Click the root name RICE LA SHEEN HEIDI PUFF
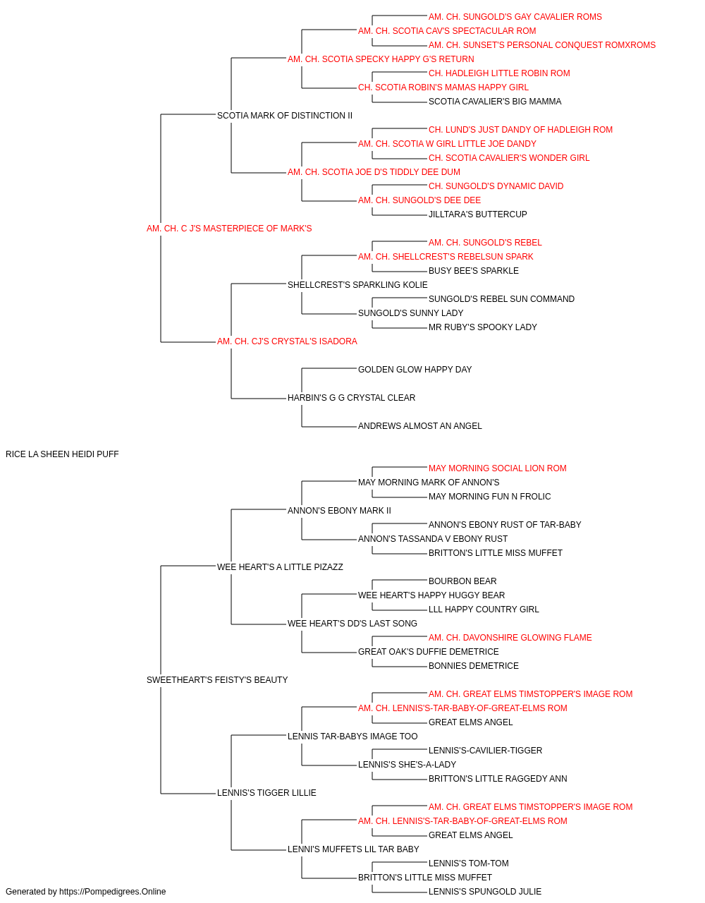click(62, 454)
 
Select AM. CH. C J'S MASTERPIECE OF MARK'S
click(229, 229)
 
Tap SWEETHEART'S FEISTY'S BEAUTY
click(217, 680)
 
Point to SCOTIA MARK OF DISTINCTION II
click(285, 116)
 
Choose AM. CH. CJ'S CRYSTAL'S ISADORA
click(288, 341)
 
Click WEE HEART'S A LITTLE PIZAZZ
click(281, 566)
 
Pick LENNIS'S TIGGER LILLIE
click(266, 792)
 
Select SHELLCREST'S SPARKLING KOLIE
click(357, 284)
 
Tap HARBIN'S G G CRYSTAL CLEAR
click(352, 398)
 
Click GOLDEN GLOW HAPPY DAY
click(415, 370)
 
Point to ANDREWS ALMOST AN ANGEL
click(420, 426)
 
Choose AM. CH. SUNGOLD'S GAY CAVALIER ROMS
click(515, 17)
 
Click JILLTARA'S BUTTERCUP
click(478, 214)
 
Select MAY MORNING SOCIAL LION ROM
click(498, 468)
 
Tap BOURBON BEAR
click(462, 581)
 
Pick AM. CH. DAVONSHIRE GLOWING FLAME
click(510, 638)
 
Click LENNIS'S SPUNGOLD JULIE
click(485, 892)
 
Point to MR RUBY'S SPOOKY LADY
click(483, 327)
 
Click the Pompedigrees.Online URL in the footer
click(113, 892)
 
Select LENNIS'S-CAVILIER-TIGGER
click(485, 750)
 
